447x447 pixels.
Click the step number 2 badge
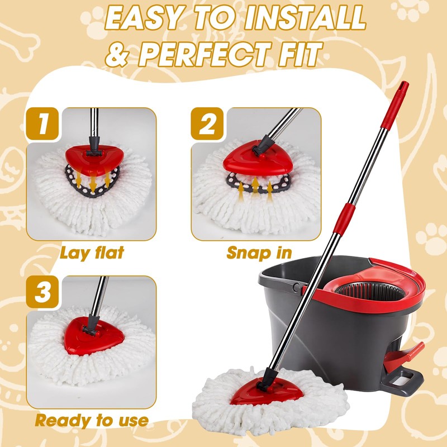tap(207, 124)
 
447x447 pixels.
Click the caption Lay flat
tap(92, 253)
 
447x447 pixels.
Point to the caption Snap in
tap(259, 253)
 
